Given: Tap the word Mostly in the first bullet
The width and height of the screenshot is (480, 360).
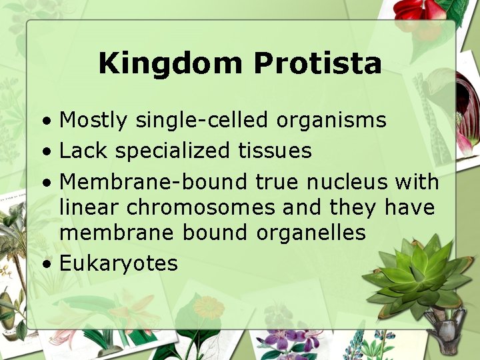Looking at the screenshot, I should click(x=93, y=121).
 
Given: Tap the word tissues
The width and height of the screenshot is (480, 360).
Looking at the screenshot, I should click(x=275, y=151).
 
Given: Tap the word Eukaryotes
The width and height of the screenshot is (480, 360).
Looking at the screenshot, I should click(x=119, y=263).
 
